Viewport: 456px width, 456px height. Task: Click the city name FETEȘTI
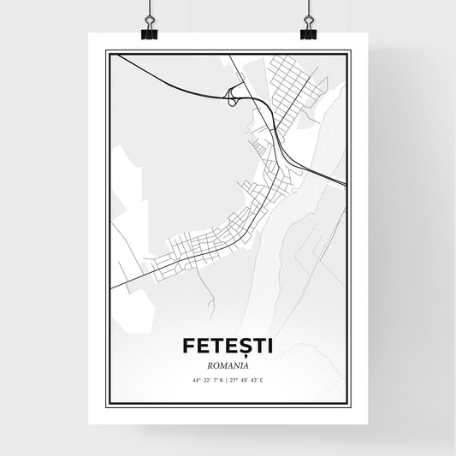tap(228, 345)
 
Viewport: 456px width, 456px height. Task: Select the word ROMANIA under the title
tap(228, 363)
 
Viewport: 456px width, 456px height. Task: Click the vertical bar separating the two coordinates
tap(228, 378)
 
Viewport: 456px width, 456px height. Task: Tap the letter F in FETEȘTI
tap(188, 345)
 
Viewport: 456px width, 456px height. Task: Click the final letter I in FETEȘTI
tap(270, 345)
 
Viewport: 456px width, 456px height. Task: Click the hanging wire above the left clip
tap(150, 10)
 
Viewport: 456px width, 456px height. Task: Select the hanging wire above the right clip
tap(308, 10)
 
